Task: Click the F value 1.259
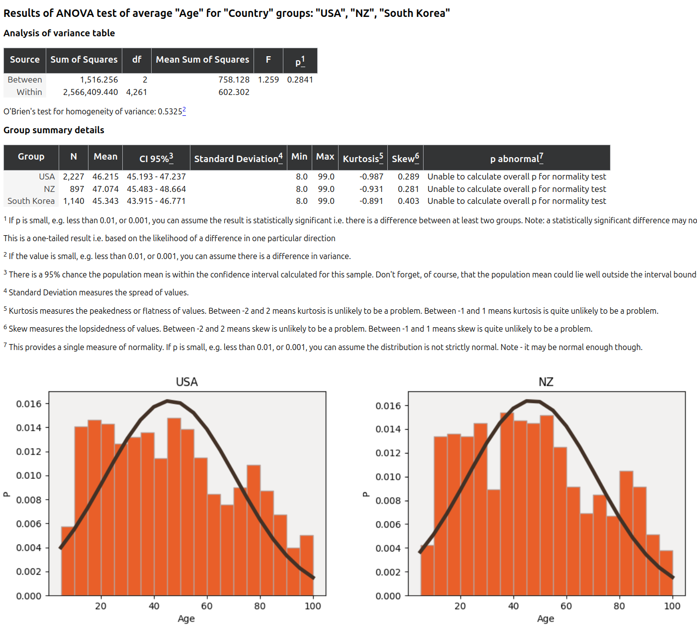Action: coord(268,80)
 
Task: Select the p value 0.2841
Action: coord(300,80)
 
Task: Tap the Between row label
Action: coord(25,80)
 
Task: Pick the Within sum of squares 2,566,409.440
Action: coord(90,92)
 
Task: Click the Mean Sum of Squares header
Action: coord(202,60)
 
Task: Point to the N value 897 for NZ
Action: coord(77,189)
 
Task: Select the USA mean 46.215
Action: coord(105,177)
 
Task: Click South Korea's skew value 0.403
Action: coord(408,201)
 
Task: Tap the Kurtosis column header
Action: coord(362,159)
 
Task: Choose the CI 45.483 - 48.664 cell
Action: coord(156,189)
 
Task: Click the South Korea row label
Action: coord(31,201)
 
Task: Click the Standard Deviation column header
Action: coord(238,159)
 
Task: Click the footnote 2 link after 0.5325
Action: coord(184,110)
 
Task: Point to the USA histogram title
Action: coord(187,382)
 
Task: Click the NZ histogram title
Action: coord(546,382)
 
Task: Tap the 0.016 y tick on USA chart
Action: coord(29,404)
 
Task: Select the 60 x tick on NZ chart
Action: coord(566,606)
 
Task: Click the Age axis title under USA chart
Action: coord(186,619)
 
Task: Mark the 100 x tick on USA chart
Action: coord(313,606)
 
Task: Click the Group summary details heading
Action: coord(54,130)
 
